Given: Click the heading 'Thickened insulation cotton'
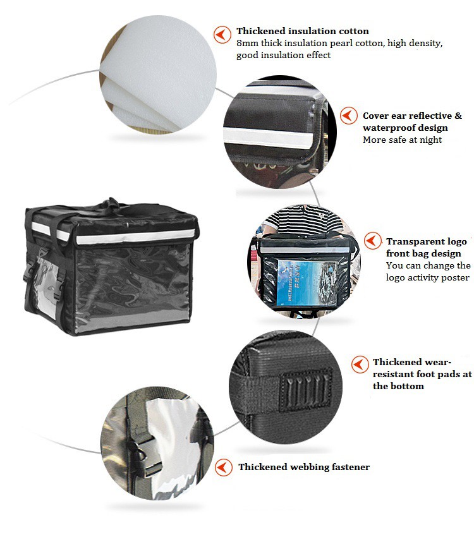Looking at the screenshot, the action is tap(303, 31).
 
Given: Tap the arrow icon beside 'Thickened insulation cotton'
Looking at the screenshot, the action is tap(222, 35).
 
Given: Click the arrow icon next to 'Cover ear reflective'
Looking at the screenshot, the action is tap(348, 116).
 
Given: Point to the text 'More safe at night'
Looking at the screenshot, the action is tap(402, 140).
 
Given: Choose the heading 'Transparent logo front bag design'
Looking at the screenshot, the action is tap(427, 248).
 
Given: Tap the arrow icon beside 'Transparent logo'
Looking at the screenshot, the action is tap(373, 241).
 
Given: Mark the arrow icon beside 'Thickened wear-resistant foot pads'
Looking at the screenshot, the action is tap(360, 365).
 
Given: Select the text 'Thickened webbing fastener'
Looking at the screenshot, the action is tap(304, 467).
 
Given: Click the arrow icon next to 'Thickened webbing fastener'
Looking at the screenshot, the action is tap(224, 468).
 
